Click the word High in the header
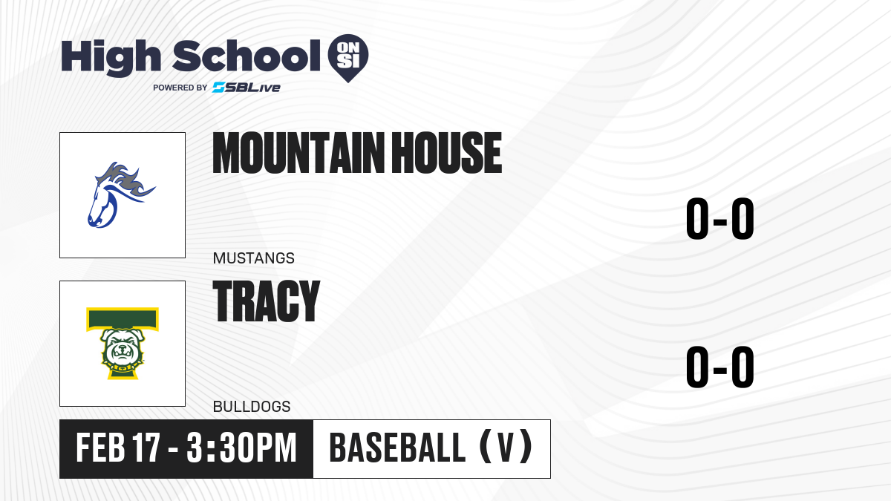[x=111, y=58]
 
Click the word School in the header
[x=247, y=56]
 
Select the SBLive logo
[x=247, y=88]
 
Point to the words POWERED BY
[x=180, y=88]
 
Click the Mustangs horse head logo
[x=121, y=194]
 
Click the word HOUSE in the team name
[x=447, y=153]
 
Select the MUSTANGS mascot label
[x=253, y=258]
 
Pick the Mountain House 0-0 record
[x=720, y=219]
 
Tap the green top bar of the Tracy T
[x=123, y=319]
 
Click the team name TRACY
[x=267, y=301]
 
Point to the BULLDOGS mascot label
[x=252, y=407]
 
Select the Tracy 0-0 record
[x=720, y=367]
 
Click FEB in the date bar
[x=101, y=448]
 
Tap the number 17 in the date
[x=146, y=448]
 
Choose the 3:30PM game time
[x=242, y=448]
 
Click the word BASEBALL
[x=397, y=448]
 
